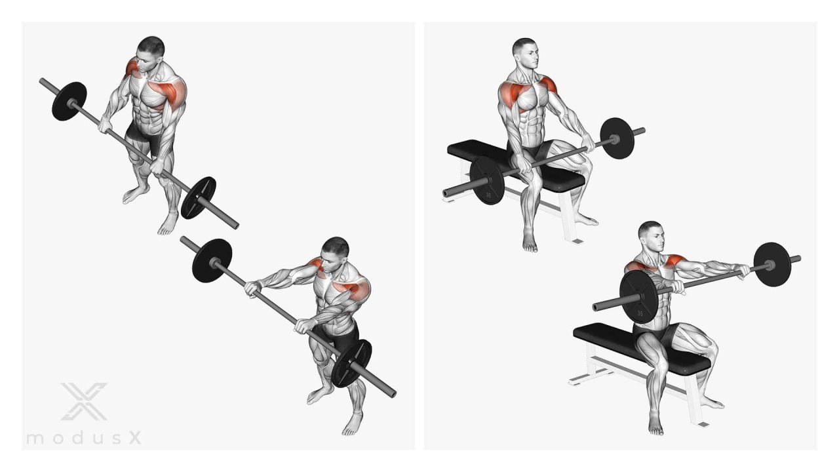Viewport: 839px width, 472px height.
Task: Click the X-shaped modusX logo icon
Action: [x=85, y=401]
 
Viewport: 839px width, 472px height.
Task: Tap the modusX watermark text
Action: [x=85, y=438]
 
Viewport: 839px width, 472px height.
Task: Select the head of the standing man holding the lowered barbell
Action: [x=150, y=51]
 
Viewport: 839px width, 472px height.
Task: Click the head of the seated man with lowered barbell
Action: [x=526, y=53]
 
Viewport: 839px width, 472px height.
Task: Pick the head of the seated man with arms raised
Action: [x=651, y=236]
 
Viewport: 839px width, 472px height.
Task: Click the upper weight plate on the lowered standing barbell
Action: [x=69, y=101]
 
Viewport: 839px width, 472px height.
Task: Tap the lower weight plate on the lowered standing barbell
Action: [x=199, y=197]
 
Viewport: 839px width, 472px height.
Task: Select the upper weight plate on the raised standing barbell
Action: [x=212, y=261]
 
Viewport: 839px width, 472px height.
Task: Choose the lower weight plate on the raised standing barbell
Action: [x=351, y=363]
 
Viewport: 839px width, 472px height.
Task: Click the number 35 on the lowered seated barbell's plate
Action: [x=488, y=195]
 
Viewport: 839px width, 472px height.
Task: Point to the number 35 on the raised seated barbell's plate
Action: [x=640, y=313]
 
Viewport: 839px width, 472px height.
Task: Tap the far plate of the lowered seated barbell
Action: [x=617, y=138]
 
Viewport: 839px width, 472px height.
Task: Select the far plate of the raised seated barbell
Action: [x=772, y=264]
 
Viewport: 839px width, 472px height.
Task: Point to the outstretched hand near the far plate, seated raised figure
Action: [x=744, y=271]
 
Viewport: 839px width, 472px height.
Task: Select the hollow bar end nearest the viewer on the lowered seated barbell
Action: [x=446, y=193]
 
